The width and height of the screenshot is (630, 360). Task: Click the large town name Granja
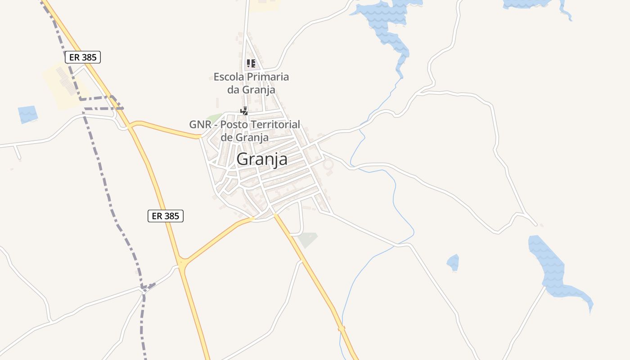click(x=262, y=159)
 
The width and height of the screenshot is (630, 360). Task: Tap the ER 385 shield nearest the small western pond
click(x=82, y=57)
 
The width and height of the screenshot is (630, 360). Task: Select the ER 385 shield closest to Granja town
click(x=166, y=216)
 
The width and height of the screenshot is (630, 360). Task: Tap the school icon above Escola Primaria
click(x=251, y=63)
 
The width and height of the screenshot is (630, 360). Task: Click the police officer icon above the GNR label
click(x=244, y=111)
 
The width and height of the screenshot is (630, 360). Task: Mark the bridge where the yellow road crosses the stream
click(x=342, y=328)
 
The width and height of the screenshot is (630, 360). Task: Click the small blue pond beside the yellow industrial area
click(x=28, y=114)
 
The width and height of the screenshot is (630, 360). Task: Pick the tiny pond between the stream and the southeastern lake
click(x=453, y=263)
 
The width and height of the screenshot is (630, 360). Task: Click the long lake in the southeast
click(x=553, y=270)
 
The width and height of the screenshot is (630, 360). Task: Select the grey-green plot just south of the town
click(x=308, y=239)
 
